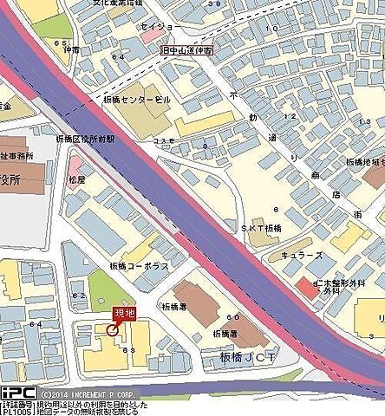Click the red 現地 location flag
click(125, 315)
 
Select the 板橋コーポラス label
click(139, 265)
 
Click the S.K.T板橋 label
click(259, 228)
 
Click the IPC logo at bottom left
click(17, 393)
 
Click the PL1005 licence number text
click(16, 411)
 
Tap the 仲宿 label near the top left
click(60, 51)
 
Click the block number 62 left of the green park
click(81, 296)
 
